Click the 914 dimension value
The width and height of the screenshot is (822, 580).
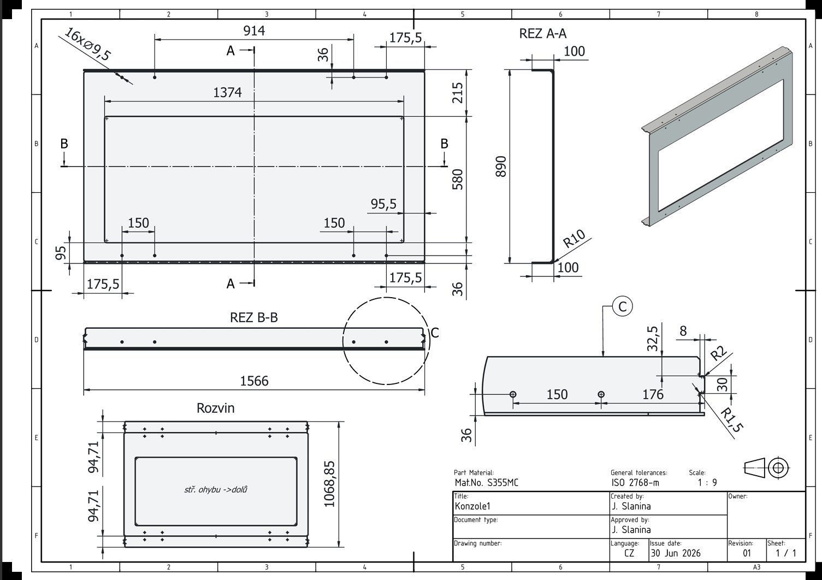[254, 31]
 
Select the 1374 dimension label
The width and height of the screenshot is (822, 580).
[228, 92]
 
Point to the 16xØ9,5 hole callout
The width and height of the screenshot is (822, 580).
[87, 44]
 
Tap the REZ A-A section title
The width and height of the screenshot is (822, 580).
[543, 34]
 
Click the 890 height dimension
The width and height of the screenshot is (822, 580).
[501, 167]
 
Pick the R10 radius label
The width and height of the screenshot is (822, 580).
[574, 239]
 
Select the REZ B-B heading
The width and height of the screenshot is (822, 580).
[254, 317]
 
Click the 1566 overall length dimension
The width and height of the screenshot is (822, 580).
[255, 381]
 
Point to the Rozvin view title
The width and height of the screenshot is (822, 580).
[215, 409]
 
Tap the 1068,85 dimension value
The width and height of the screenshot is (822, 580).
[329, 484]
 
